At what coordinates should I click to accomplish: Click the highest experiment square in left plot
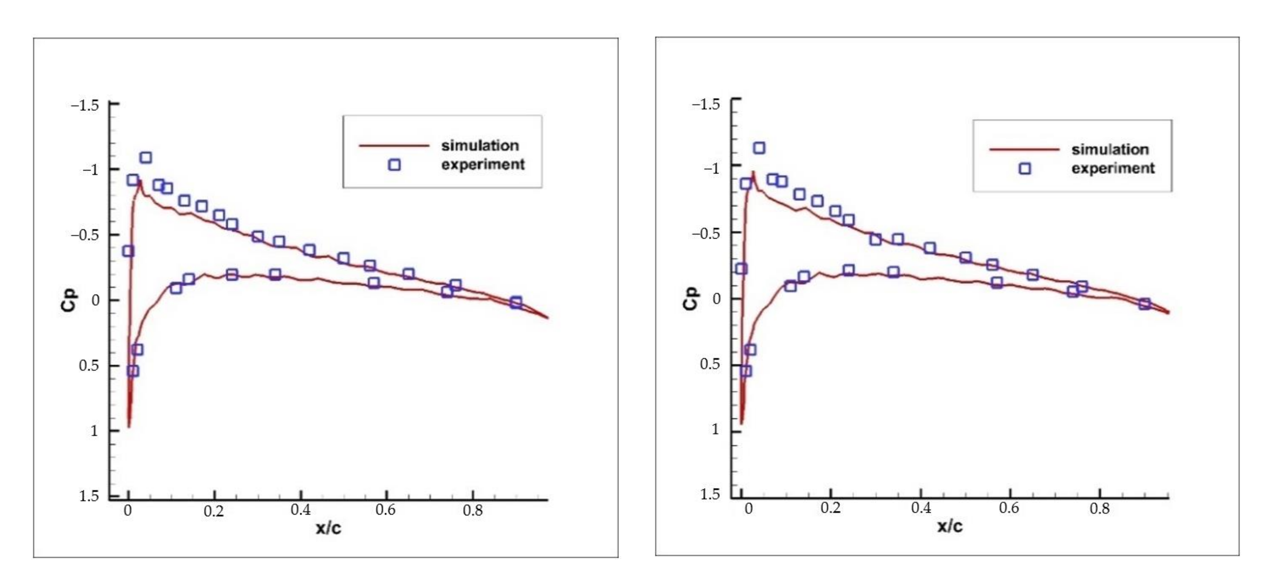145,158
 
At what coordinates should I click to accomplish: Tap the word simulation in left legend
480,146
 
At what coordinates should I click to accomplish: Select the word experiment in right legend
1113,169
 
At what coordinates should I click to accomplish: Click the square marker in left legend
394,165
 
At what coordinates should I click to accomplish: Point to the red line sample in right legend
1024,149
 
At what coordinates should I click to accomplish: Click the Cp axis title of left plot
68,300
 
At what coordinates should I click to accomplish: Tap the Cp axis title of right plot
690,298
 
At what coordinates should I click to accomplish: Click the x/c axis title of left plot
328,529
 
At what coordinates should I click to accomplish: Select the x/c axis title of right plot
949,526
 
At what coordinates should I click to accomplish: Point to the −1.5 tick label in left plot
85,105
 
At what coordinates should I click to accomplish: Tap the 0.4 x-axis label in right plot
920,508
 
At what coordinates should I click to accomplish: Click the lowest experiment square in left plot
132,371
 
